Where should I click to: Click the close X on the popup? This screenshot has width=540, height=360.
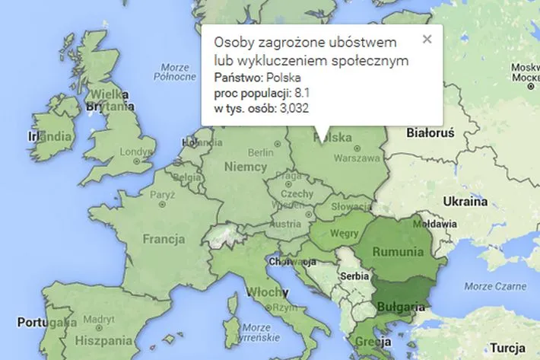click(427, 38)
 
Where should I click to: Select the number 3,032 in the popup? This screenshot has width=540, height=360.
click(294, 108)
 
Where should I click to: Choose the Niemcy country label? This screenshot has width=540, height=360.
click(245, 167)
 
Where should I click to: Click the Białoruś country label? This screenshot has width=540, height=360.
click(430, 133)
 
